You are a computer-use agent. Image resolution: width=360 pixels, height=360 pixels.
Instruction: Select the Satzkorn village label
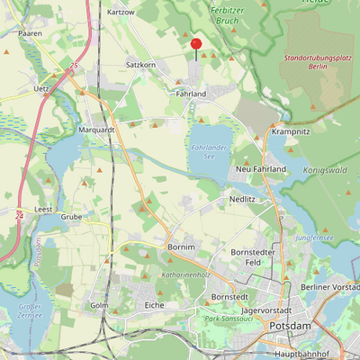[141, 66]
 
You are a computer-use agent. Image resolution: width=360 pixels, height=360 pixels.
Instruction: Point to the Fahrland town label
[191, 94]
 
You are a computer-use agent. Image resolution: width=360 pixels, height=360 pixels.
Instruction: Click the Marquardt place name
[97, 130]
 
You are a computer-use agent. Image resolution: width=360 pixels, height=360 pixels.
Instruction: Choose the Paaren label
[30, 32]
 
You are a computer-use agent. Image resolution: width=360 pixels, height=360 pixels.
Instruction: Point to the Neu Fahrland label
[260, 169]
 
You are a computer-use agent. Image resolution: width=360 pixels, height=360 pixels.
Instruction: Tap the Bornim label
[182, 246]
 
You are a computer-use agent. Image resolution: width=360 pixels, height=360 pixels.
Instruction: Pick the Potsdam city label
[291, 324]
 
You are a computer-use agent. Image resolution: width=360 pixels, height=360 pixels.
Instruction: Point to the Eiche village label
[154, 306]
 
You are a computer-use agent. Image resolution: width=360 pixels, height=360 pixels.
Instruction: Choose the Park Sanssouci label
[226, 319]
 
